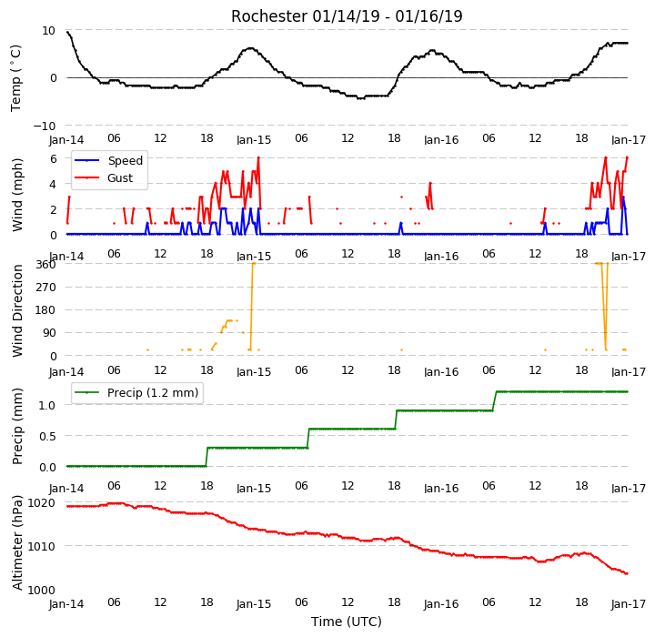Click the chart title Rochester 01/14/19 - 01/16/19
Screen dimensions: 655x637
347,16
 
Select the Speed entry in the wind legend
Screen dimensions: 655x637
126,160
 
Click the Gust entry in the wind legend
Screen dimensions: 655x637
120,178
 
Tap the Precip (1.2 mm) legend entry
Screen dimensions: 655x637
153,392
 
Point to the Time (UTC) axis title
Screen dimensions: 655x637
347,622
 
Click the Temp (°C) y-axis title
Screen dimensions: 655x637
15,78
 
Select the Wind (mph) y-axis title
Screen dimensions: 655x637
17,195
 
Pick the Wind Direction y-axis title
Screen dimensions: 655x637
17,310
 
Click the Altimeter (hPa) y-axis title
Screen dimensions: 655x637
17,542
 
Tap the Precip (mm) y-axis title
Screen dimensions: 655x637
17,427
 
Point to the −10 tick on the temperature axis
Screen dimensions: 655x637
45,126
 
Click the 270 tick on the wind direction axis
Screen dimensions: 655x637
46,288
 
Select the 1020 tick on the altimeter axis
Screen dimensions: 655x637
41,503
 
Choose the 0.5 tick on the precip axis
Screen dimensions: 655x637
47,437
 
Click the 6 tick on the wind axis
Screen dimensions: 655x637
53,159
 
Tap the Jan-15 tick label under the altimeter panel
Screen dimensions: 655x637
254,604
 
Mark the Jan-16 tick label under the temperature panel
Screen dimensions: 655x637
441,140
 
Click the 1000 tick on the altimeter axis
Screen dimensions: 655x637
41,591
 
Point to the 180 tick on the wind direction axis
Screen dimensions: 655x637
46,310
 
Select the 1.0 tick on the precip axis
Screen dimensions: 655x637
47,406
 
